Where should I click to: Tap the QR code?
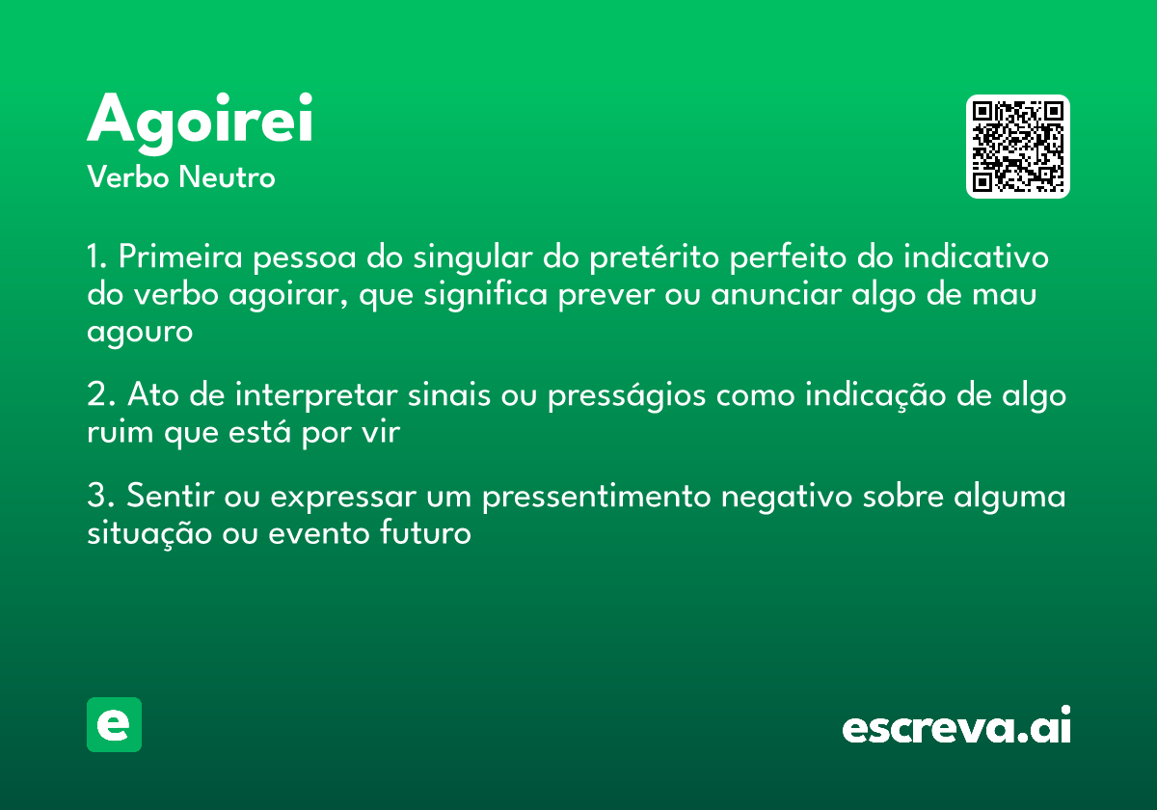coord(1017,147)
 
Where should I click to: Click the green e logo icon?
coord(114,724)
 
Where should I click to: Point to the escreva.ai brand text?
coord(956,727)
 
